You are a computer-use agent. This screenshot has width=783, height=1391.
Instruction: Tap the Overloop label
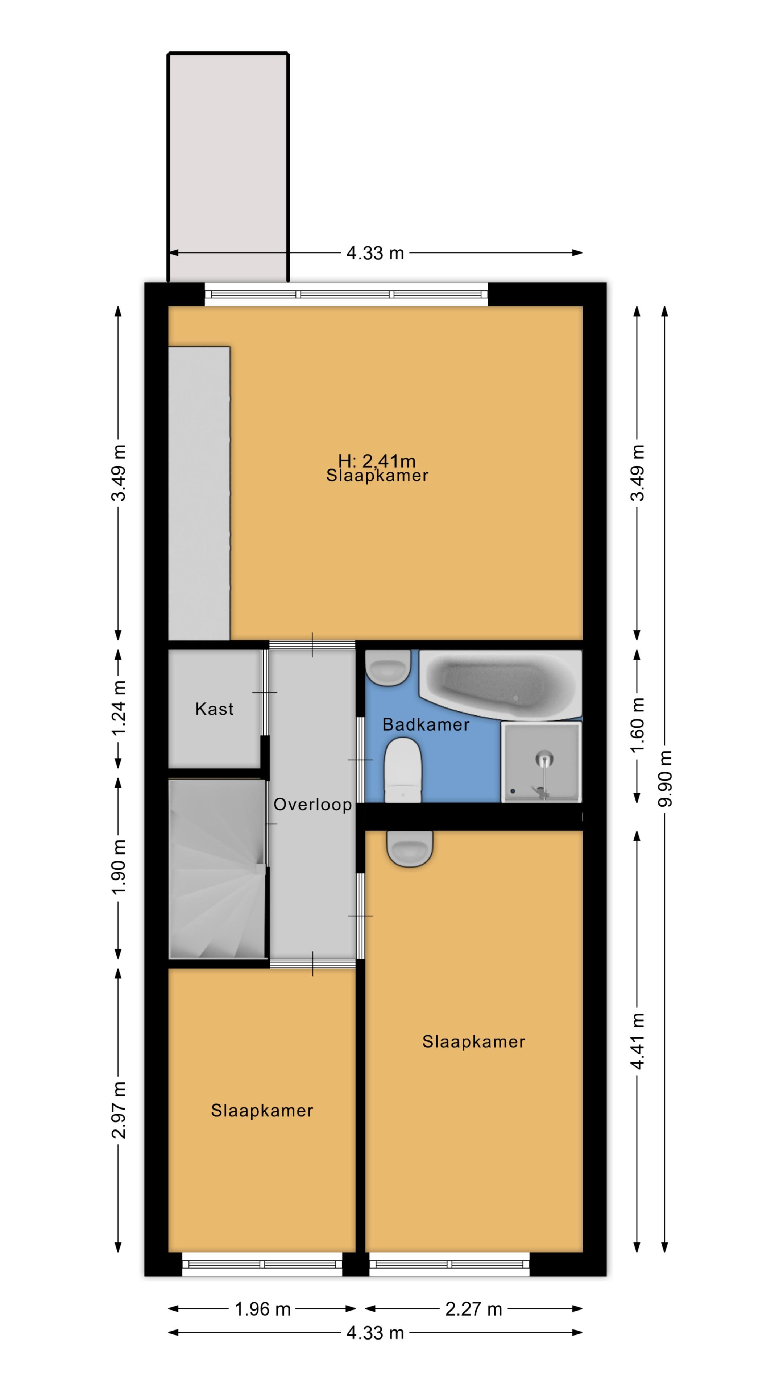tap(312, 805)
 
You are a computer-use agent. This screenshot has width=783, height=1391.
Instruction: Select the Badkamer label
tap(426, 724)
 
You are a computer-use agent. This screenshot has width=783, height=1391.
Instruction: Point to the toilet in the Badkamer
tap(403, 770)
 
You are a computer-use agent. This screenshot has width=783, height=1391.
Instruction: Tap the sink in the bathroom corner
tap(388, 667)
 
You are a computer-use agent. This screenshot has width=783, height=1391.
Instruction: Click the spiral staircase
tap(217, 869)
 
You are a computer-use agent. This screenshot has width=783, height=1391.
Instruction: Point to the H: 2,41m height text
tap(377, 461)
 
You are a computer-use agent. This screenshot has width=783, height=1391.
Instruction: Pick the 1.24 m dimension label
tap(118, 707)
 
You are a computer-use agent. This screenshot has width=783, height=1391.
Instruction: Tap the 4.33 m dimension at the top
tap(375, 253)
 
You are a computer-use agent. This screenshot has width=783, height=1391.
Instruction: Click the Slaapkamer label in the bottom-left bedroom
tap(262, 1111)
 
